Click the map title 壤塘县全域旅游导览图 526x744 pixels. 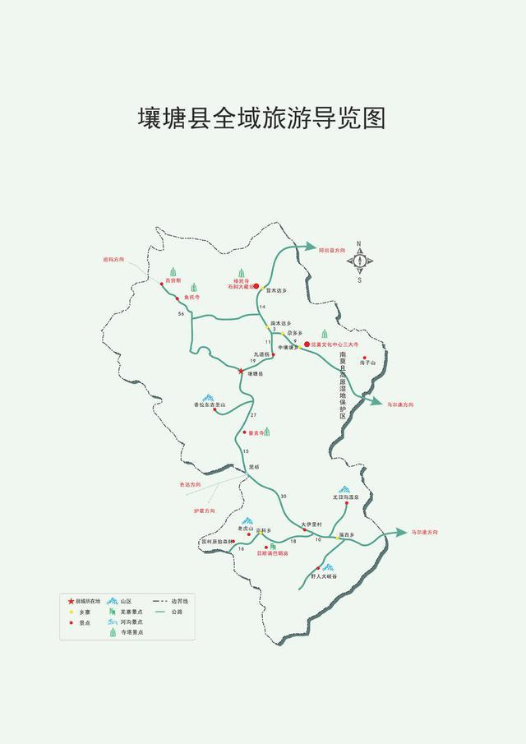261,118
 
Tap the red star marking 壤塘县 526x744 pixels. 241,372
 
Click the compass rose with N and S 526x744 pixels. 359,261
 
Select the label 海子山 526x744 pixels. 367,363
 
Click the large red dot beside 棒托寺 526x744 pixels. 256,286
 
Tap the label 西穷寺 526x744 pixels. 173,281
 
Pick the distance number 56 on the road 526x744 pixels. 180,315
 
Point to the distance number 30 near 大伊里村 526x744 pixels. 284,496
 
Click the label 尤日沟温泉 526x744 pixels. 346,497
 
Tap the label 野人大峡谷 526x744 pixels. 324,576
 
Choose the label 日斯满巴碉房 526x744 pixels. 272,553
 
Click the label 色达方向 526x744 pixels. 190,486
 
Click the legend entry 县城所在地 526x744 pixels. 86,602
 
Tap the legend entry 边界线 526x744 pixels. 179,602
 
